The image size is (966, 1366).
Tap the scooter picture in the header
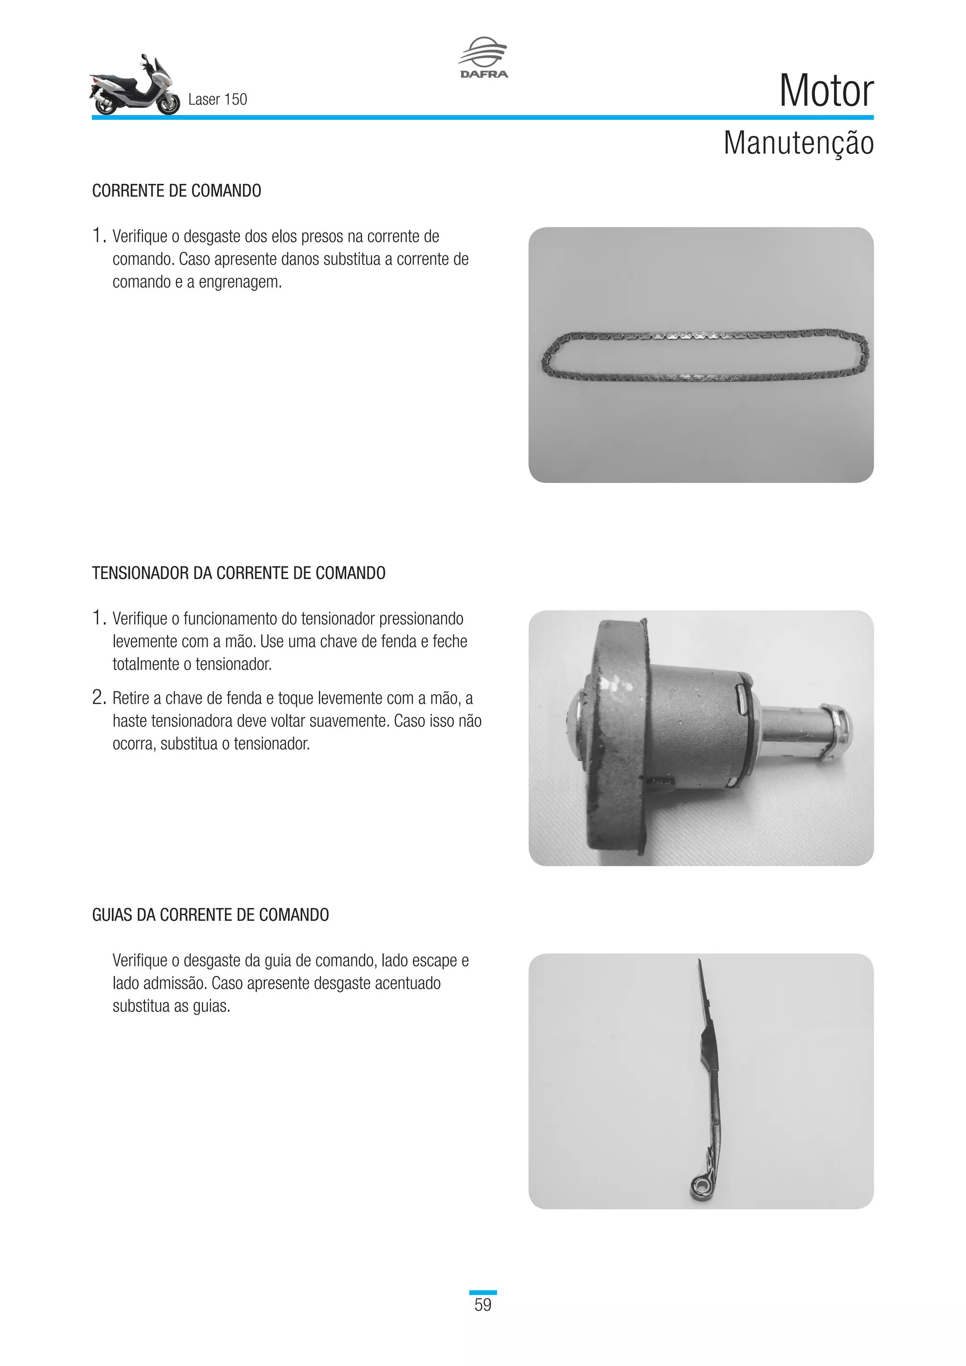click(134, 86)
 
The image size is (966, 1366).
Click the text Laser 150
click(217, 100)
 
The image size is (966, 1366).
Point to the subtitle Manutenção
click(798, 143)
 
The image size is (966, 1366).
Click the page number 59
click(483, 1305)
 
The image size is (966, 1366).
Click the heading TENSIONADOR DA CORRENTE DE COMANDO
click(239, 573)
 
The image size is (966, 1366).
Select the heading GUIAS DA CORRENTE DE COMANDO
click(210, 915)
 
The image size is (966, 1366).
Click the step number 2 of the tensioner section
click(98, 697)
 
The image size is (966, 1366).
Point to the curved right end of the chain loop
click(864, 355)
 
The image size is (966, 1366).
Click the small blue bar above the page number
click(483, 1292)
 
